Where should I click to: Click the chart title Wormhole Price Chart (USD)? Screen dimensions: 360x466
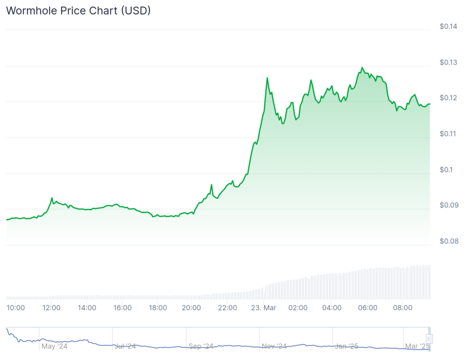78,10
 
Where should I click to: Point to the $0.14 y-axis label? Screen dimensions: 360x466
448,26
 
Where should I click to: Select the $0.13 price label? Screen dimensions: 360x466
448,62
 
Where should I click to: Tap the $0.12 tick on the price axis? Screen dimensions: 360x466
448,98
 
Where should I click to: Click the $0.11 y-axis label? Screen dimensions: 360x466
448,134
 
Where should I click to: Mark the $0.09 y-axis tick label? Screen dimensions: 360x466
448,205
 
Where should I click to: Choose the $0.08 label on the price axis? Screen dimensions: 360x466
448,241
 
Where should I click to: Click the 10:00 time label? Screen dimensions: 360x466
15,308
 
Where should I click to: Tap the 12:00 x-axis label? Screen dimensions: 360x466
51,308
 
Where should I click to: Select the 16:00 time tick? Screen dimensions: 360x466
122,308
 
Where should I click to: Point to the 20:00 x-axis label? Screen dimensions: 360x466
191,308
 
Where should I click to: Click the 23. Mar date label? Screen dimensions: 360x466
263,308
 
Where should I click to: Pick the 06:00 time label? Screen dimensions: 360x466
368,308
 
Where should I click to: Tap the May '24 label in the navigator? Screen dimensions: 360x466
54,346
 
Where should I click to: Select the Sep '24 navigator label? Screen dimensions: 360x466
201,346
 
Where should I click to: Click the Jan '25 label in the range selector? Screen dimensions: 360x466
347,346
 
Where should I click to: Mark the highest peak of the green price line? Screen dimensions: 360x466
362,67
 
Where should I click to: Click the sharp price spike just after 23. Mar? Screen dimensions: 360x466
267,78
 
